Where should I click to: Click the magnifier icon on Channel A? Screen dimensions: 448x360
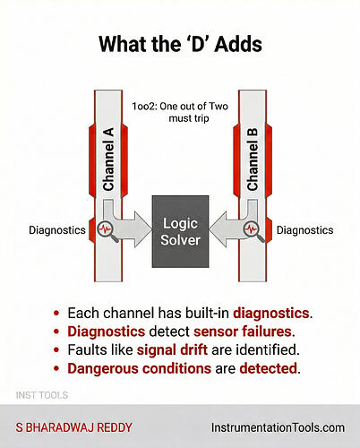tap(107, 230)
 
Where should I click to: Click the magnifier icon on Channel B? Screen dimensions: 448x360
tap(252, 230)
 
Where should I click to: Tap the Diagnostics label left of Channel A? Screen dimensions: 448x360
tap(56, 230)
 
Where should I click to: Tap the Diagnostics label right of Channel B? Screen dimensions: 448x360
tap(304, 230)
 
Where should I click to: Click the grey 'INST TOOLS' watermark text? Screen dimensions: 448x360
tap(42, 395)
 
